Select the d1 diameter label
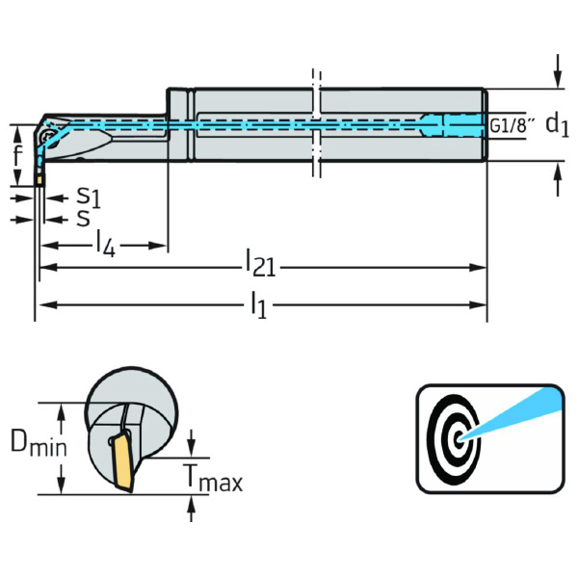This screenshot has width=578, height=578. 557,123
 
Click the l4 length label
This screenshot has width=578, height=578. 105,246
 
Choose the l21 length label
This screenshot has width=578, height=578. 261,262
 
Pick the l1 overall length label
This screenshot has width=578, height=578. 258,305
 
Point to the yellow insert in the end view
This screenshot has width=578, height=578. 123,461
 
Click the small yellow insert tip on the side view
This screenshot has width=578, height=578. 39,178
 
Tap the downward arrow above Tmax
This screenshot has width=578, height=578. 192,446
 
